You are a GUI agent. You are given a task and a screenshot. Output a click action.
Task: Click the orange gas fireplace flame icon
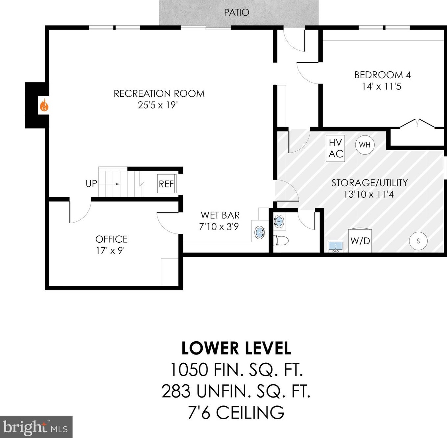click(x=44, y=105)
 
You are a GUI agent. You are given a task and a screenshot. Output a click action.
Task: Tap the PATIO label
click(x=237, y=12)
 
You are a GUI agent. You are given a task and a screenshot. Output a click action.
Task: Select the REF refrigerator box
click(x=167, y=183)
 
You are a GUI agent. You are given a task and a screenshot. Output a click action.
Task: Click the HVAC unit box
click(x=335, y=148)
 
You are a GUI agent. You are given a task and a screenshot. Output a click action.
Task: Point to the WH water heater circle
click(x=365, y=145)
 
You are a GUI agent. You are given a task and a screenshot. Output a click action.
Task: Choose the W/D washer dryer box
click(x=360, y=240)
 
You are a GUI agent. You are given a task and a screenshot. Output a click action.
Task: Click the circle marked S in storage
click(x=418, y=241)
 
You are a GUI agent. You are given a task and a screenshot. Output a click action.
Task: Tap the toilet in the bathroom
click(x=281, y=240)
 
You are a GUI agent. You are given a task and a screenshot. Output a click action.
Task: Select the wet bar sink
click(x=260, y=231)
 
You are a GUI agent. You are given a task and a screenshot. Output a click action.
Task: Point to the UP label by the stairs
click(x=91, y=183)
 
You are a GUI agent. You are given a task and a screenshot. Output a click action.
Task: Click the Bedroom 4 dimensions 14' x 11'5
click(x=382, y=86)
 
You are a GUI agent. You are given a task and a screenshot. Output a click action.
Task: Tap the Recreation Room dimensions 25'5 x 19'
click(x=158, y=105)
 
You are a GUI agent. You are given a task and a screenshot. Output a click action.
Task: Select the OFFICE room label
click(x=111, y=239)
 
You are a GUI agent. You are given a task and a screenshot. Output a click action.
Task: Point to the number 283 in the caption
click(x=176, y=391)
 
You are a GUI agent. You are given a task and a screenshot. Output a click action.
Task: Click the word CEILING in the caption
click(x=250, y=412)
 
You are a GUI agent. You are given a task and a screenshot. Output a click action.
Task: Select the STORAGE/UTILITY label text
click(x=369, y=183)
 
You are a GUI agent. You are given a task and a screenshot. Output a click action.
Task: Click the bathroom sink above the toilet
click(x=279, y=221)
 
